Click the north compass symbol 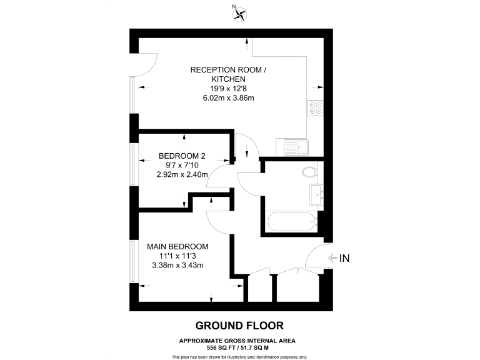coord(237,14)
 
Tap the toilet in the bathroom coord(309,171)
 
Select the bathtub coord(291,221)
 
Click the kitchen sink coord(295,147)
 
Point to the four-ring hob coord(314,109)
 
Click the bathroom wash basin coord(315,194)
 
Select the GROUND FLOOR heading coord(239,325)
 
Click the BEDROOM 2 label coord(182,156)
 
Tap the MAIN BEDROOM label coord(177,246)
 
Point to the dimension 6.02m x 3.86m coord(228,98)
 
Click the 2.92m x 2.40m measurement coord(182,174)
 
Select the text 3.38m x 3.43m coord(177,265)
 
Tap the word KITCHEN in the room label coord(228,79)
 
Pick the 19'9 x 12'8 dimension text coord(228,89)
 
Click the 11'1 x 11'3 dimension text coord(177,256)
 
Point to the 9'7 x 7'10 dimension coord(182,165)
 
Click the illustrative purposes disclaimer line coord(239,356)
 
